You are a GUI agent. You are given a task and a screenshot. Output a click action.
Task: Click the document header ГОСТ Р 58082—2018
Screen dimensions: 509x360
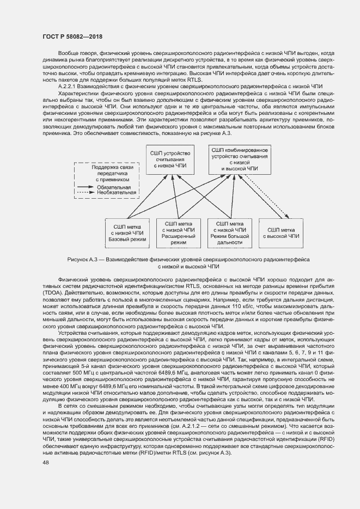point(72,36)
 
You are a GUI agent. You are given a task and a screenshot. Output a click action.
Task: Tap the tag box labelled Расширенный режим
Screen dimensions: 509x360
point(178,232)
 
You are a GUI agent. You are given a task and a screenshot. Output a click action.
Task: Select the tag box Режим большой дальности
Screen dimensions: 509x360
point(229,232)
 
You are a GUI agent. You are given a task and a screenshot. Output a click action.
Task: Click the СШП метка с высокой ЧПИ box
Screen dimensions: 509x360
point(281,232)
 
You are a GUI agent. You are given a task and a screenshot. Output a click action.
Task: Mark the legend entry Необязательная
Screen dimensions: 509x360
point(117,193)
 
